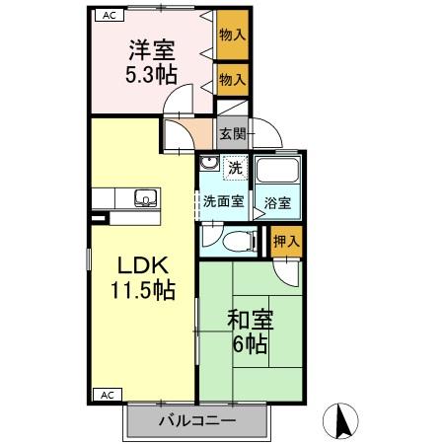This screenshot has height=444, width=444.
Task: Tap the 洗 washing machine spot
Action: coord(235,168)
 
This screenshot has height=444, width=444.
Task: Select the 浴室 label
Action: coord(277,203)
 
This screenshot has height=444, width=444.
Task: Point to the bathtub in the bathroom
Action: coord(277,173)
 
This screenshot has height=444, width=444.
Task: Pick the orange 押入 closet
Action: coord(286,240)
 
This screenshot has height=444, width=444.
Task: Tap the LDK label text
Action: coord(146,264)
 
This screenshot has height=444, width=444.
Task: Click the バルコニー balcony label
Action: coord(197,421)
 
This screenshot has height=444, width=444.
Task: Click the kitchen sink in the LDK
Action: coord(144,197)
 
